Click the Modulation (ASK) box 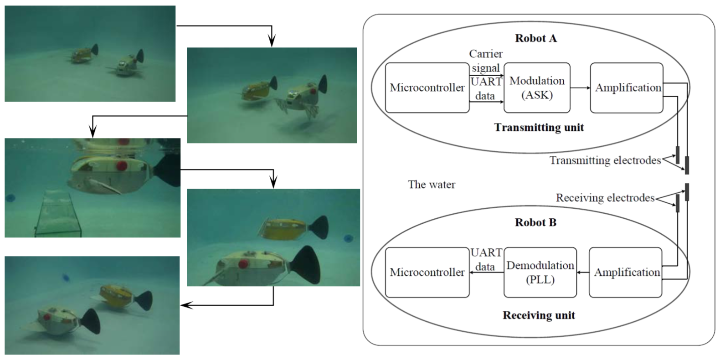[537, 87]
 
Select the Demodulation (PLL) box [540, 272]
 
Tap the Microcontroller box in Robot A [427, 87]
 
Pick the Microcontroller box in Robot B [427, 272]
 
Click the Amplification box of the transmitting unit [627, 87]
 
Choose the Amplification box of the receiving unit [626, 272]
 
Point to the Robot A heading [536, 38]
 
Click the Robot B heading [536, 222]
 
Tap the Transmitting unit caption [539, 127]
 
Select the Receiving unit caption [539, 315]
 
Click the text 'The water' [432, 185]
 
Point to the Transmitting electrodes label [605, 160]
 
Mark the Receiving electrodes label [605, 198]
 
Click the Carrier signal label [486, 61]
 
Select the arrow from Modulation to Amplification [580, 87]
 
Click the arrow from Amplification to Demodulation [582, 272]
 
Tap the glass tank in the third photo [59, 214]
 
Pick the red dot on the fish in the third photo [121, 165]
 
